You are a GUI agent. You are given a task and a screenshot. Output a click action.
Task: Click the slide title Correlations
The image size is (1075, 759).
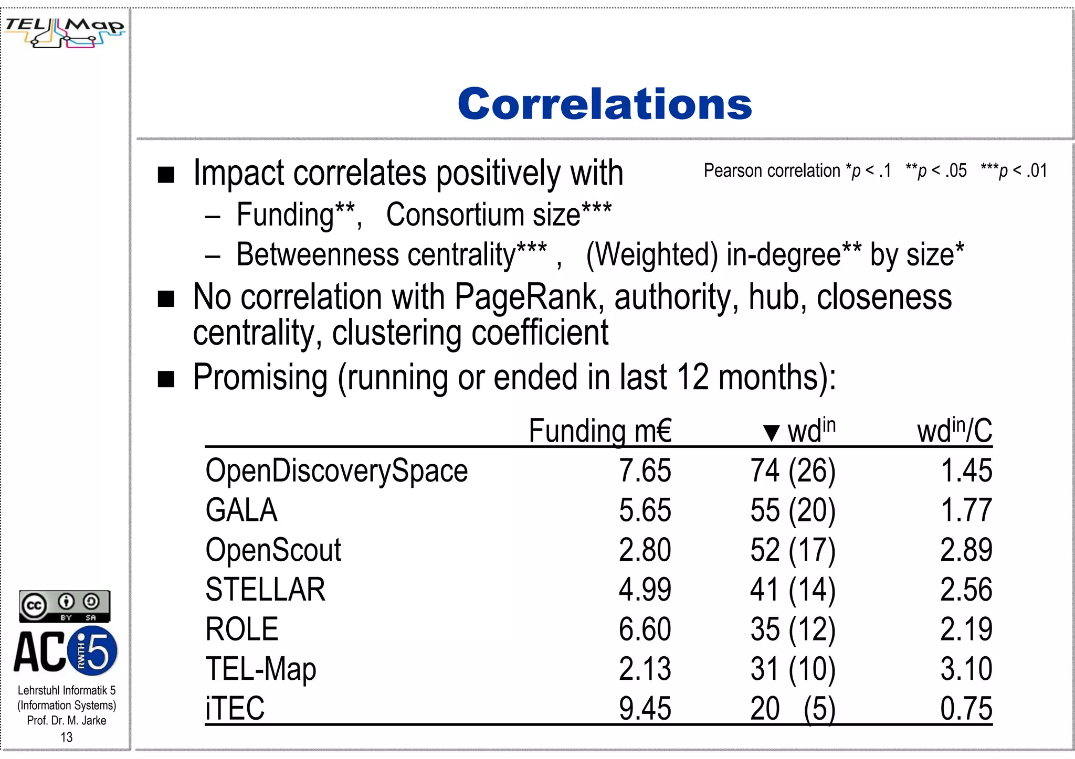(x=605, y=104)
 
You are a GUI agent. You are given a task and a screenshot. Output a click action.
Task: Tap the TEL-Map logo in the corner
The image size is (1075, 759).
(x=65, y=31)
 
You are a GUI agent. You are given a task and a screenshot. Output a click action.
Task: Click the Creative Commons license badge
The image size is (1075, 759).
(x=65, y=606)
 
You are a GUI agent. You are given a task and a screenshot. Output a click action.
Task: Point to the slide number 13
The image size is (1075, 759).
(x=67, y=737)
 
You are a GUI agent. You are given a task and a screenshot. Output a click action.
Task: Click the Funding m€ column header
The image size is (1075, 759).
(x=599, y=431)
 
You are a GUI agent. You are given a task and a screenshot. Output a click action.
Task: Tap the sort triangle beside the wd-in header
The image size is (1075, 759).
(x=771, y=433)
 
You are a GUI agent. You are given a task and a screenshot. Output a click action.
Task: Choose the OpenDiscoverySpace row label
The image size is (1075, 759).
(x=336, y=471)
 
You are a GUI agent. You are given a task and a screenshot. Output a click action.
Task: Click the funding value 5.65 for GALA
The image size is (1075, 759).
(x=645, y=510)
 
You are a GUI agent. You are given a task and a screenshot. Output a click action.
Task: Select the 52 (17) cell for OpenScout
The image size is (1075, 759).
(x=793, y=550)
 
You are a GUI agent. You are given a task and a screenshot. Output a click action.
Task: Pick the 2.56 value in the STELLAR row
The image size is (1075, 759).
(x=966, y=589)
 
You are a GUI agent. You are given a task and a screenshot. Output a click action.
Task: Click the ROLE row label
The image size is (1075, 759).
(x=241, y=629)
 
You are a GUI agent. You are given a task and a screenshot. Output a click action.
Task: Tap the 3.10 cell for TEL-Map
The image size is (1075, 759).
(x=966, y=669)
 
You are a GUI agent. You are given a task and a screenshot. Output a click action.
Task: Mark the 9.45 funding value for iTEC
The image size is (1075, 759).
(x=645, y=708)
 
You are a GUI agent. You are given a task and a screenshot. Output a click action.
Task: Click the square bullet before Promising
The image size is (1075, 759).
(x=166, y=379)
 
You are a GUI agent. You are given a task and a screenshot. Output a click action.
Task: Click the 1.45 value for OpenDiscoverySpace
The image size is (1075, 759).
(x=966, y=471)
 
